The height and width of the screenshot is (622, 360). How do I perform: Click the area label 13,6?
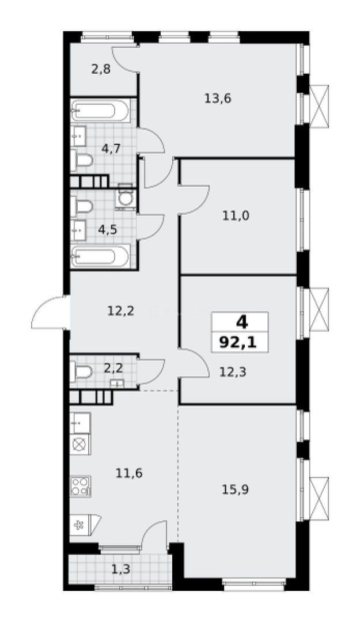[x=218, y=98]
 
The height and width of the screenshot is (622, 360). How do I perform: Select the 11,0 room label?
[x=236, y=216]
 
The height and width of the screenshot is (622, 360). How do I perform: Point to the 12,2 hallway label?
[x=121, y=312]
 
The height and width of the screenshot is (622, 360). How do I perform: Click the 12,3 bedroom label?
[x=233, y=372]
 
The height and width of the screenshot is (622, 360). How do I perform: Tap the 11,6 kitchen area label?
[x=129, y=473]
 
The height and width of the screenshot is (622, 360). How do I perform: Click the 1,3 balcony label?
[x=122, y=570]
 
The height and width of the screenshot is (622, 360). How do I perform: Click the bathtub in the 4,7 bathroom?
[x=100, y=111]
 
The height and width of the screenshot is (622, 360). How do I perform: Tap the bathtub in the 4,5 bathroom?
[x=100, y=256]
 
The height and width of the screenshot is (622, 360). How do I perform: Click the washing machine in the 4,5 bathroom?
[x=125, y=198]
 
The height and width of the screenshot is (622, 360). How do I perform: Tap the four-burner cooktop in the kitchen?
[x=80, y=486]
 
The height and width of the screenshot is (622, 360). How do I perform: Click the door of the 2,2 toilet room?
[x=151, y=372]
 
